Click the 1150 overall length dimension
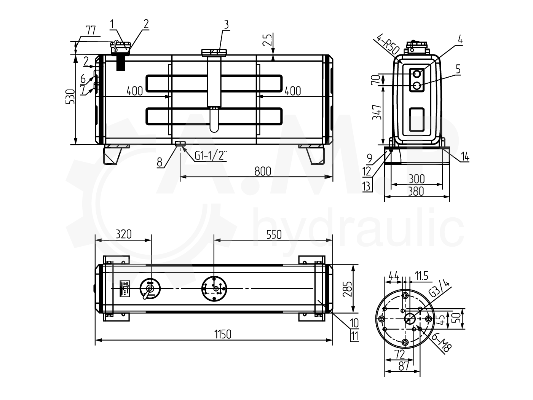[223, 335]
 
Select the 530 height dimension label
[70, 97]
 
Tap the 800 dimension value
[263, 171]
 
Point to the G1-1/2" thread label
[211, 155]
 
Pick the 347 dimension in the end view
[377, 112]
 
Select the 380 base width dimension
[416, 191]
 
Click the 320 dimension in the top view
[124, 234]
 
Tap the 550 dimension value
[274, 234]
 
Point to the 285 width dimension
[347, 289]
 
